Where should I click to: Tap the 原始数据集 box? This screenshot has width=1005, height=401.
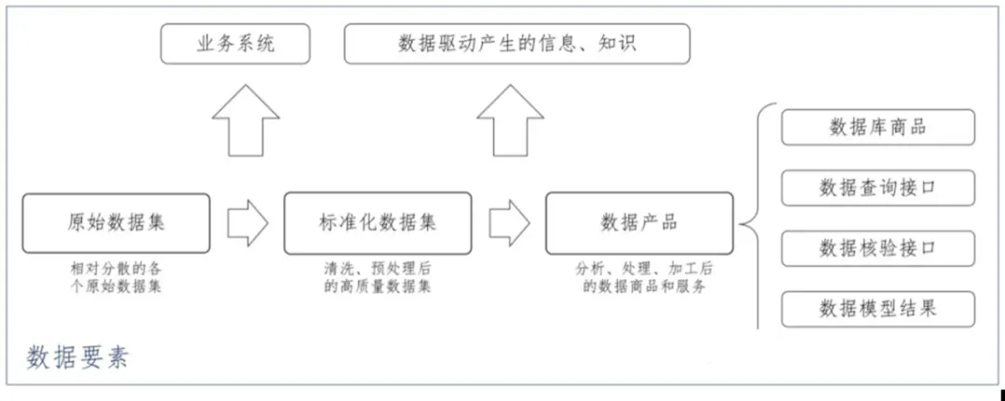click(x=116, y=222)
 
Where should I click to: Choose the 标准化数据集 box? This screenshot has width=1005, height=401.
click(x=377, y=222)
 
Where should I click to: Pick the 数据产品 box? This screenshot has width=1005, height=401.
click(x=639, y=222)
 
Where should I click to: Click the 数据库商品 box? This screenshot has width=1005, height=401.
click(x=878, y=127)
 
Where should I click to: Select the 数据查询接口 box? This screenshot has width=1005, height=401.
click(x=878, y=188)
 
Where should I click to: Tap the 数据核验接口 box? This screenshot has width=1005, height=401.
click(x=878, y=248)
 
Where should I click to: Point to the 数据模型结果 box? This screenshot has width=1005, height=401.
click(x=878, y=309)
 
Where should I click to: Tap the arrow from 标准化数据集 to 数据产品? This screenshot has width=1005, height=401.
click(x=509, y=222)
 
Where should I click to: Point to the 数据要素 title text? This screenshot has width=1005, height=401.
click(x=76, y=357)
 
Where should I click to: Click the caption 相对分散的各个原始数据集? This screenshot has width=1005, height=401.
click(x=116, y=277)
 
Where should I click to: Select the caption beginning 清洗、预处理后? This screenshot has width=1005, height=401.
click(x=377, y=277)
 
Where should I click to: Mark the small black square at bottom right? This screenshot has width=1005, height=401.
click(x=1001, y=394)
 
